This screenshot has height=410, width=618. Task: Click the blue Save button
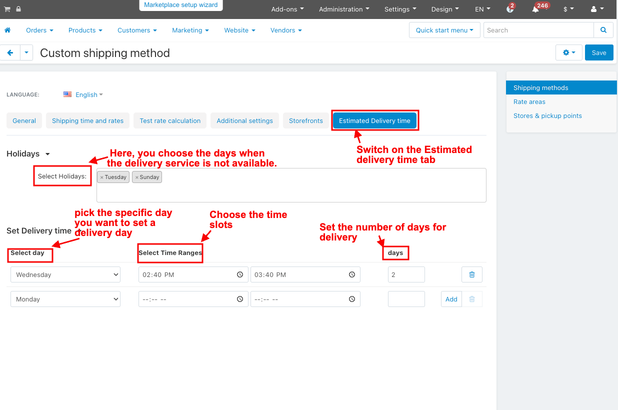[599, 52]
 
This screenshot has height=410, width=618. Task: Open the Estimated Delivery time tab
[374, 120]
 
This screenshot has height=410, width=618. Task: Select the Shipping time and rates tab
[87, 120]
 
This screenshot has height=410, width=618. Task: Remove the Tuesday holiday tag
[102, 177]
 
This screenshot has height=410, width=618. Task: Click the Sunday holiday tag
[147, 177]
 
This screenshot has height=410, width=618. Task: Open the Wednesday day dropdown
[65, 274]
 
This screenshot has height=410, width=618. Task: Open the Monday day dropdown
[65, 299]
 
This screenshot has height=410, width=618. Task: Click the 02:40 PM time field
[193, 274]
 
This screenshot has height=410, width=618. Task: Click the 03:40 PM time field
[305, 274]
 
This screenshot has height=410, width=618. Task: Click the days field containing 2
[406, 274]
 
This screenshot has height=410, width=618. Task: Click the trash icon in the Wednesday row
[472, 274]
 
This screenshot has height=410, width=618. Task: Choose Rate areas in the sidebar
[529, 102]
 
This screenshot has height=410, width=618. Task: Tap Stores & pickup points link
[547, 116]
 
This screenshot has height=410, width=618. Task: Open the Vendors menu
[286, 30]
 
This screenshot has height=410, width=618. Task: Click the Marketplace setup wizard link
[180, 5]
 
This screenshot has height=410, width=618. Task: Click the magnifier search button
[603, 30]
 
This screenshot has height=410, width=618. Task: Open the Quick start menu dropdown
[444, 30]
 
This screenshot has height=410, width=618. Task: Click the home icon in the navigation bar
[7, 30]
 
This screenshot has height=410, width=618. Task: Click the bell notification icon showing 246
[535, 9]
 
